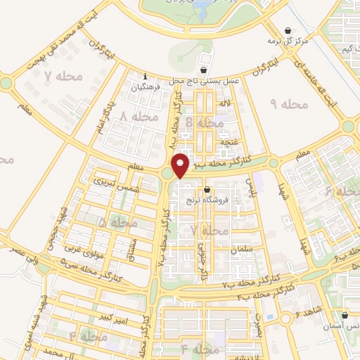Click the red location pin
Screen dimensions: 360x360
point(181,165)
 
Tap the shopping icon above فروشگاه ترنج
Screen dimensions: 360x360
point(207,190)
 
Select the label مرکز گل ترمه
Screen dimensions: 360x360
point(292,41)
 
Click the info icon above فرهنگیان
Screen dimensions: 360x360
point(145,77)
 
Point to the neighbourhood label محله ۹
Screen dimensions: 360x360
point(289,104)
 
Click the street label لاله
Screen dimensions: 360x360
point(226,103)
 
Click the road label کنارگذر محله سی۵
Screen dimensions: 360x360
point(86,269)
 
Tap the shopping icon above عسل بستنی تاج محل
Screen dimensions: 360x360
point(203,70)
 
